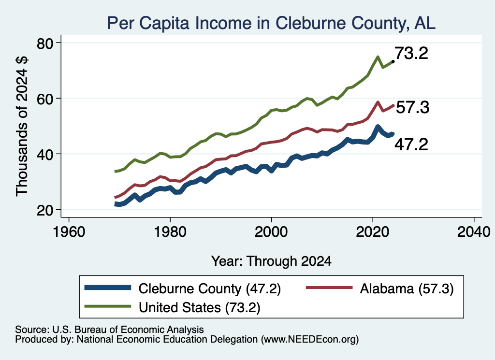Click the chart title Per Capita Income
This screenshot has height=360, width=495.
point(271,23)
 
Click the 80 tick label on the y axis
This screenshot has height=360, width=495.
point(44,43)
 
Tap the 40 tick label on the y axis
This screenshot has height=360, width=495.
point(44,154)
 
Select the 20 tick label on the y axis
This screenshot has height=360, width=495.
point(44,210)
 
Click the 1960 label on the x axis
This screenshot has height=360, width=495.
point(69,232)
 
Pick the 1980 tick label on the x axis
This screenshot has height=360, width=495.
point(170,232)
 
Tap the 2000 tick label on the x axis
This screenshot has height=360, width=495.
point(271,232)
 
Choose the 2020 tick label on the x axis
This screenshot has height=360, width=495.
point(373,232)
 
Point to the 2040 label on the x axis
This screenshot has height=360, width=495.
point(474,232)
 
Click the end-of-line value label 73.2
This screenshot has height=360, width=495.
point(411,53)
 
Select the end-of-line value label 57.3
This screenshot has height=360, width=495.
point(413,107)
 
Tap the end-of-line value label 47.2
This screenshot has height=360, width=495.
point(411,144)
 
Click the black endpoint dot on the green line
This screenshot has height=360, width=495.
point(393,61)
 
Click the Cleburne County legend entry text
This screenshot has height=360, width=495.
point(210,288)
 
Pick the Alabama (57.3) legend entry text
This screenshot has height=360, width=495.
point(407,288)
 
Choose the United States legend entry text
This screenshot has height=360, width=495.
point(200,308)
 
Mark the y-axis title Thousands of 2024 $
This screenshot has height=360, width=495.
point(22,126)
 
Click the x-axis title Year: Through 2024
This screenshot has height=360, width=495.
point(271,261)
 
